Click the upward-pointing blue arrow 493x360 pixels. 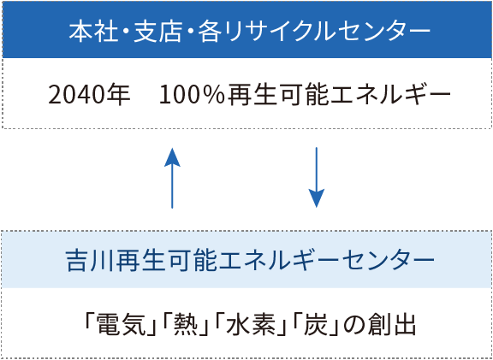(172, 178)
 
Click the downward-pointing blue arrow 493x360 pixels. (317, 178)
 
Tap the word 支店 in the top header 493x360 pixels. (157, 32)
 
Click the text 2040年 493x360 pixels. (89, 95)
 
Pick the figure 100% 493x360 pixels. (193, 95)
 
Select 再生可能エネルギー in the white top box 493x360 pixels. (339, 95)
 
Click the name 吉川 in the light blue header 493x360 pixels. (90, 261)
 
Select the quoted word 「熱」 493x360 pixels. (185, 325)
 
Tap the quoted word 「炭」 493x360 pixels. (315, 325)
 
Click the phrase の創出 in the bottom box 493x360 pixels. (379, 325)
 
